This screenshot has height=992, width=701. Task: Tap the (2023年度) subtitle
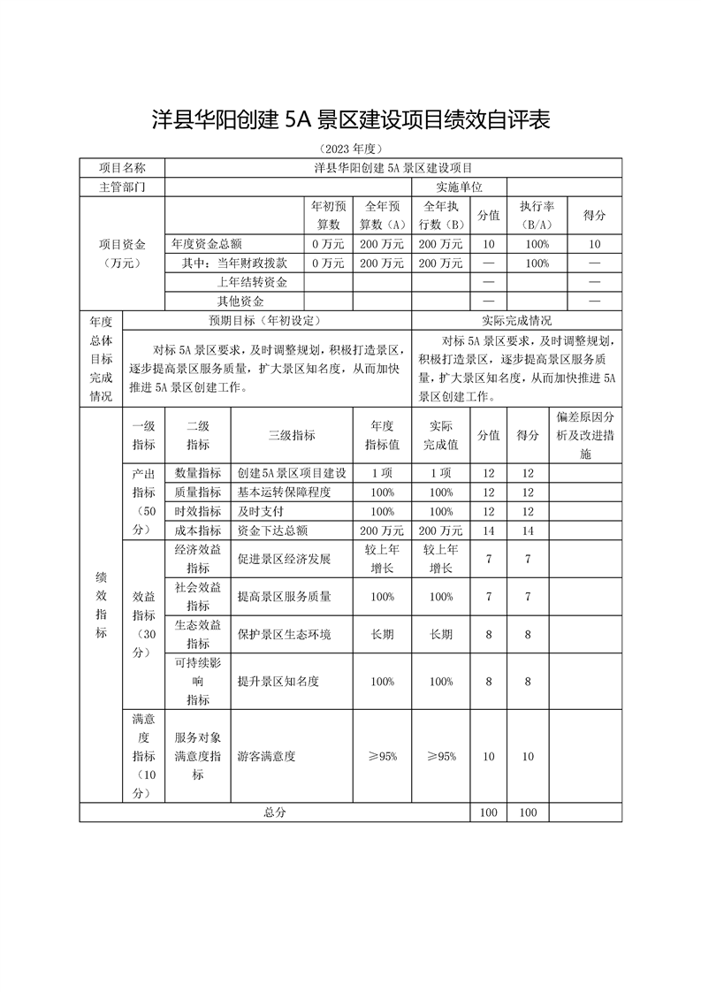351,149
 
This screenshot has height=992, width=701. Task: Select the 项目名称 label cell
122,167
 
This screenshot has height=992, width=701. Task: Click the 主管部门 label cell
122,187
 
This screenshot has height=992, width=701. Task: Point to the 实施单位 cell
459,187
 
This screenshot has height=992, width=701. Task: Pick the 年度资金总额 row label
207,243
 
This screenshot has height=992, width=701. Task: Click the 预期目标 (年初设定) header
266,320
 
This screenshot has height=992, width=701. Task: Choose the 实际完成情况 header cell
517,320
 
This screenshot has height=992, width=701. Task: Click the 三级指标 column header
292,435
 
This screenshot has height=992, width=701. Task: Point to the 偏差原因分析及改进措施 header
586,434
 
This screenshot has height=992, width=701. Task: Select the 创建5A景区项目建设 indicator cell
292,473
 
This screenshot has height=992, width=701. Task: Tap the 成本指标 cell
198,530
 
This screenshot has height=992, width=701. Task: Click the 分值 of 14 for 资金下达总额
488,530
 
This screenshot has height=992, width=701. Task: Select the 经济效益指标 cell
198,559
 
